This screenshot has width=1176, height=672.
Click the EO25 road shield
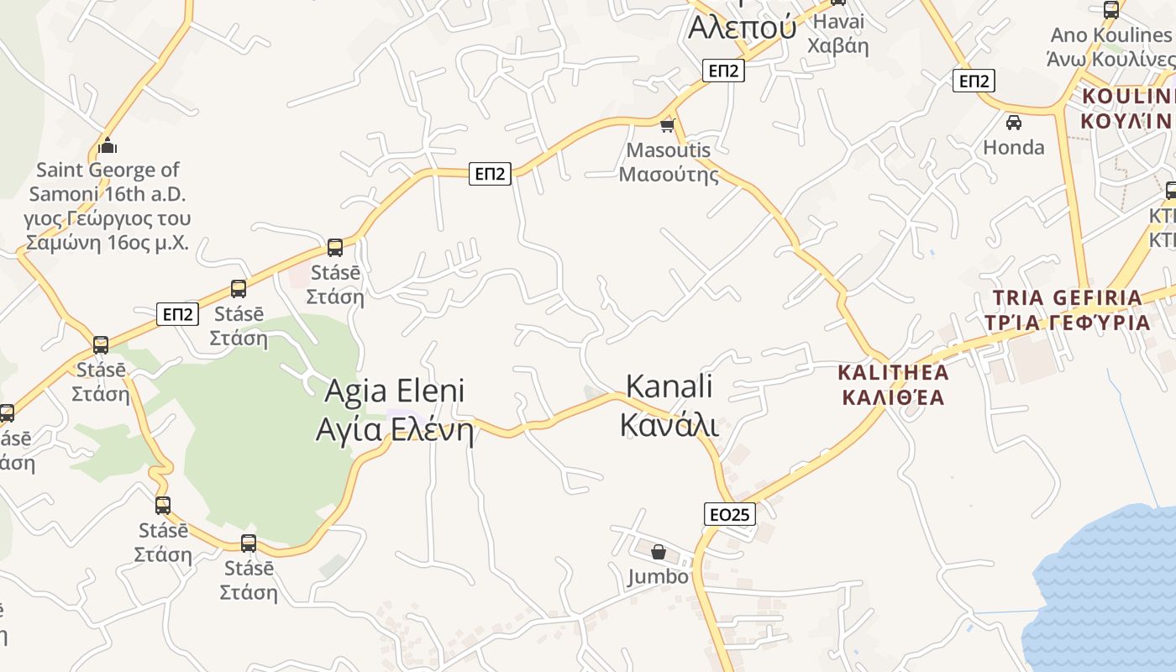click(729, 514)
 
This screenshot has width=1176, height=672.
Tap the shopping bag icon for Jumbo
click(659, 552)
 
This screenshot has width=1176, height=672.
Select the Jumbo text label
click(658, 576)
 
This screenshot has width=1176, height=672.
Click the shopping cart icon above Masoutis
click(668, 125)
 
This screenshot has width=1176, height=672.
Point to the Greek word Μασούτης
click(669, 175)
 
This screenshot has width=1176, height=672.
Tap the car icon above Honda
click(1014, 123)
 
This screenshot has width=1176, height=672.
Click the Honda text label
click(1014, 147)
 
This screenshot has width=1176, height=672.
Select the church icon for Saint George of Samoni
click(108, 145)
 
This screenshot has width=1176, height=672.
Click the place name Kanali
click(669, 386)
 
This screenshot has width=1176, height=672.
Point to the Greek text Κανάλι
click(669, 425)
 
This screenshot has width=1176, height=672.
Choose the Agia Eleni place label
click(394, 391)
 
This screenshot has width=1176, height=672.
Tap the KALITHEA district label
click(894, 372)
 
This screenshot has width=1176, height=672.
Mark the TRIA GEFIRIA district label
click(1067, 297)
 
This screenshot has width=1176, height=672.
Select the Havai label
click(838, 22)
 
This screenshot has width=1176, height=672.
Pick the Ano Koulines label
click(1110, 35)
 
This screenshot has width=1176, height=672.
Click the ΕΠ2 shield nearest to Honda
click(974, 81)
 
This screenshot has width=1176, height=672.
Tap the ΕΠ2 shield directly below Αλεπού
click(723, 71)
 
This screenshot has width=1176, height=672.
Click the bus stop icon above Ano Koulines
click(1111, 10)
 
